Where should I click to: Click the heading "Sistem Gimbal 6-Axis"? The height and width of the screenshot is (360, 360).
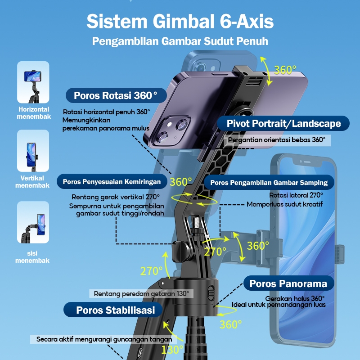pos(180,21)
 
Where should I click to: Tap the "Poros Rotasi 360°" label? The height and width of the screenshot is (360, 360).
pos(116,95)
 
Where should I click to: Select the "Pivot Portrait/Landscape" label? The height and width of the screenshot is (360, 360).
pos(283,123)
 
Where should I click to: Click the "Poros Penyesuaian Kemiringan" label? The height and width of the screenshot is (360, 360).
pos(112,182)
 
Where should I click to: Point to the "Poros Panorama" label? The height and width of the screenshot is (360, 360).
pos(288,283)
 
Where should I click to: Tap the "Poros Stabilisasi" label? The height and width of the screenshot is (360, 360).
pos(116,310)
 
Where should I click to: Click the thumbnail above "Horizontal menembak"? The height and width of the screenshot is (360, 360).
pos(33,82)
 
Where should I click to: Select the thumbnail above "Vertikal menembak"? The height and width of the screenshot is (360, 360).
pos(33,152)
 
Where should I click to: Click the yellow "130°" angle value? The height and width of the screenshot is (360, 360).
pos(172,349)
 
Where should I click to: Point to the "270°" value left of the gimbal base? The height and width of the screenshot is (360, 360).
pos(151,271)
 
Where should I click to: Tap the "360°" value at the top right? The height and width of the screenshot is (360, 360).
pos(285,70)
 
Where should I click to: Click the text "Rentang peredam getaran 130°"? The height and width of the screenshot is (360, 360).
pos(141,293)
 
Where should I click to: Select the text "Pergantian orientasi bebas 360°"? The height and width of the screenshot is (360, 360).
pos(276,140)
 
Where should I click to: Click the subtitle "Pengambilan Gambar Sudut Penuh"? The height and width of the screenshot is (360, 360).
pos(180,41)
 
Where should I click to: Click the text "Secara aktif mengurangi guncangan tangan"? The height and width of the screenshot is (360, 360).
pos(104,339)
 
